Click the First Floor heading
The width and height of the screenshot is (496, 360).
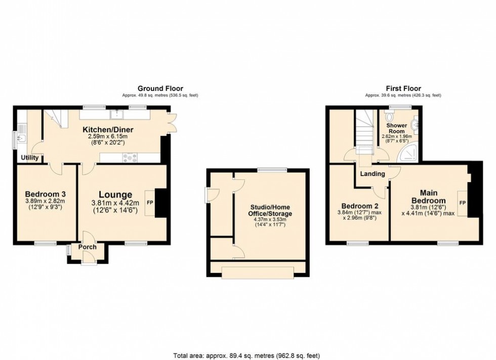pyautogui.click(x=403, y=88)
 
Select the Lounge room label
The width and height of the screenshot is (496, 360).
pyautogui.click(x=115, y=195)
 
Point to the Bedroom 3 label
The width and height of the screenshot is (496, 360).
pyautogui.click(x=45, y=194)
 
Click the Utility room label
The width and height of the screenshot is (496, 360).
pyautogui.click(x=29, y=158)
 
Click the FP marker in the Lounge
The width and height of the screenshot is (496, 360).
pyautogui.click(x=149, y=202)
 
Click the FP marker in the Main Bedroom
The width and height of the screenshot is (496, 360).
pyautogui.click(x=462, y=202)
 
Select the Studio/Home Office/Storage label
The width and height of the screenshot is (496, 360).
pyautogui.click(x=272, y=210)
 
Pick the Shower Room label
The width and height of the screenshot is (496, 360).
pyautogui.click(x=397, y=127)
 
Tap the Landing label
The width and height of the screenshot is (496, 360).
pyautogui.click(x=373, y=174)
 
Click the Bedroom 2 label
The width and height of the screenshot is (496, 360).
pyautogui.click(x=360, y=206)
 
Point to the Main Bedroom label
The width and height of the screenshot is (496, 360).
pyautogui.click(x=432, y=197)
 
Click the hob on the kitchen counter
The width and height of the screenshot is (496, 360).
pyautogui.click(x=129, y=157)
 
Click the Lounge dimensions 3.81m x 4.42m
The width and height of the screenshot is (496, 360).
pyautogui.click(x=115, y=203)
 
